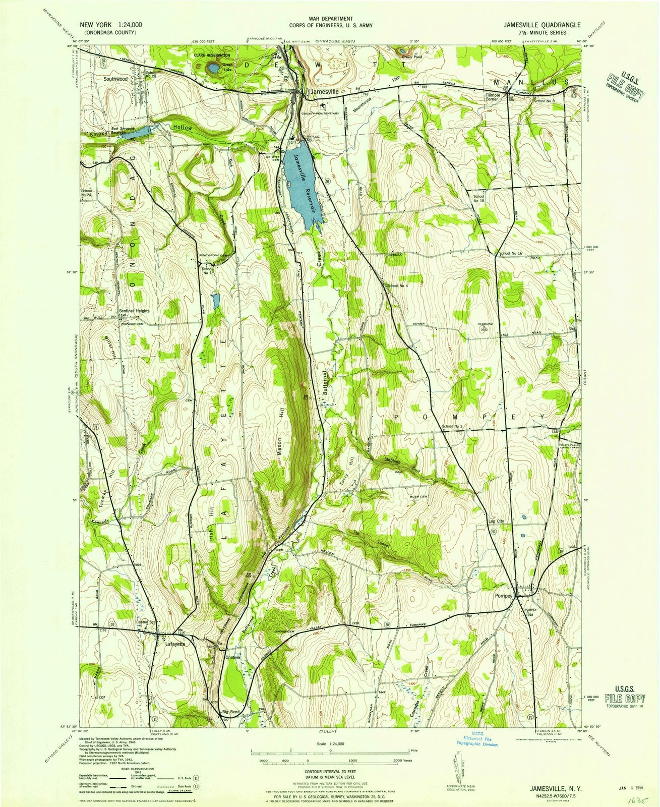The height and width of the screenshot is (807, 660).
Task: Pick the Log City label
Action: tap(497, 522)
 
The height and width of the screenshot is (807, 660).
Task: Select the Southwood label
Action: tap(113, 79)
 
